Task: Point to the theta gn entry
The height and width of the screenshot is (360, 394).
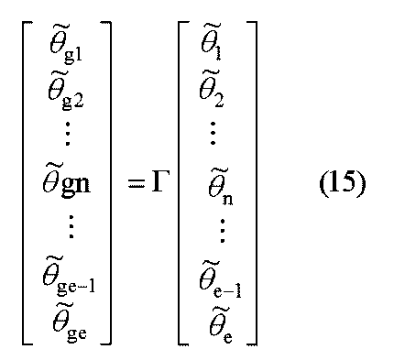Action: click(71, 182)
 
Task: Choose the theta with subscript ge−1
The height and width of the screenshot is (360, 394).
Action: click(72, 278)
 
